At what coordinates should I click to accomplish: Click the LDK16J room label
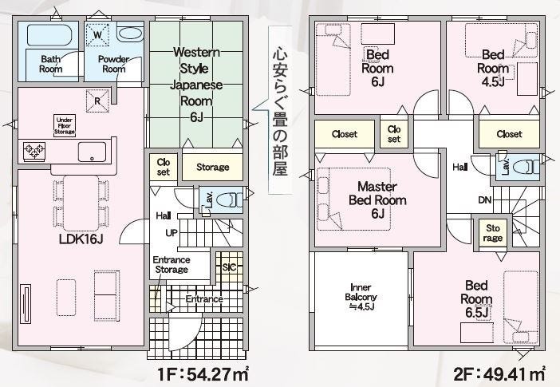(81, 239)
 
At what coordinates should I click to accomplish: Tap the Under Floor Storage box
(65, 126)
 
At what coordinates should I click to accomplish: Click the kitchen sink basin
(93, 152)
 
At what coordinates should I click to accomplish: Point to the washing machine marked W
(97, 34)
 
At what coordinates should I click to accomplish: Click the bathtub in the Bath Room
(49, 34)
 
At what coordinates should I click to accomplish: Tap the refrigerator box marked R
(97, 101)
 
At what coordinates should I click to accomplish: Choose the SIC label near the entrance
(229, 267)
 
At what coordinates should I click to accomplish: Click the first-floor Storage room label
(213, 167)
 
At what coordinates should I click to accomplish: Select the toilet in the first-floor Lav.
(230, 199)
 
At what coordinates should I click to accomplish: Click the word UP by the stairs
(172, 233)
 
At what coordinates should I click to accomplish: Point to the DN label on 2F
(485, 200)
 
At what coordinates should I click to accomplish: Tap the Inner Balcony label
(361, 297)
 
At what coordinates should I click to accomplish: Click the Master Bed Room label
(377, 199)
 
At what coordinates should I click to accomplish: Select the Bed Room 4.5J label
(493, 69)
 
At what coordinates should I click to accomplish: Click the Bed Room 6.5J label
(476, 299)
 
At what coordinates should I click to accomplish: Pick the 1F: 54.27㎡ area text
(203, 374)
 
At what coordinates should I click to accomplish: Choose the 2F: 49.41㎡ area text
(499, 374)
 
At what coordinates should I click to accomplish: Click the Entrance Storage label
(172, 264)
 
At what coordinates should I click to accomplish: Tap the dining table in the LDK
(81, 203)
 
